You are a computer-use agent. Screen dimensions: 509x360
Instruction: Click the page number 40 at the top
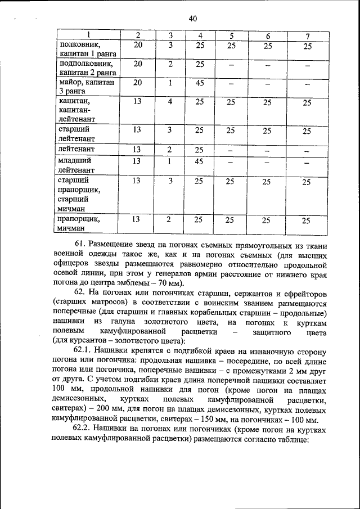tap(192, 19)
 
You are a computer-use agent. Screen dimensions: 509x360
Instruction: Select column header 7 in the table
tap(307, 36)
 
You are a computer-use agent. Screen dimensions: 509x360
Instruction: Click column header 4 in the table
tap(200, 36)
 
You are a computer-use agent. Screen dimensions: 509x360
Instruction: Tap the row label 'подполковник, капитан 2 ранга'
tap(88, 69)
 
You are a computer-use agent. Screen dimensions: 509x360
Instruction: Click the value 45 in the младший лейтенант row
tap(200, 162)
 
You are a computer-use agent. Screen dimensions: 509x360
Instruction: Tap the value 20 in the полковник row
tap(137, 46)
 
